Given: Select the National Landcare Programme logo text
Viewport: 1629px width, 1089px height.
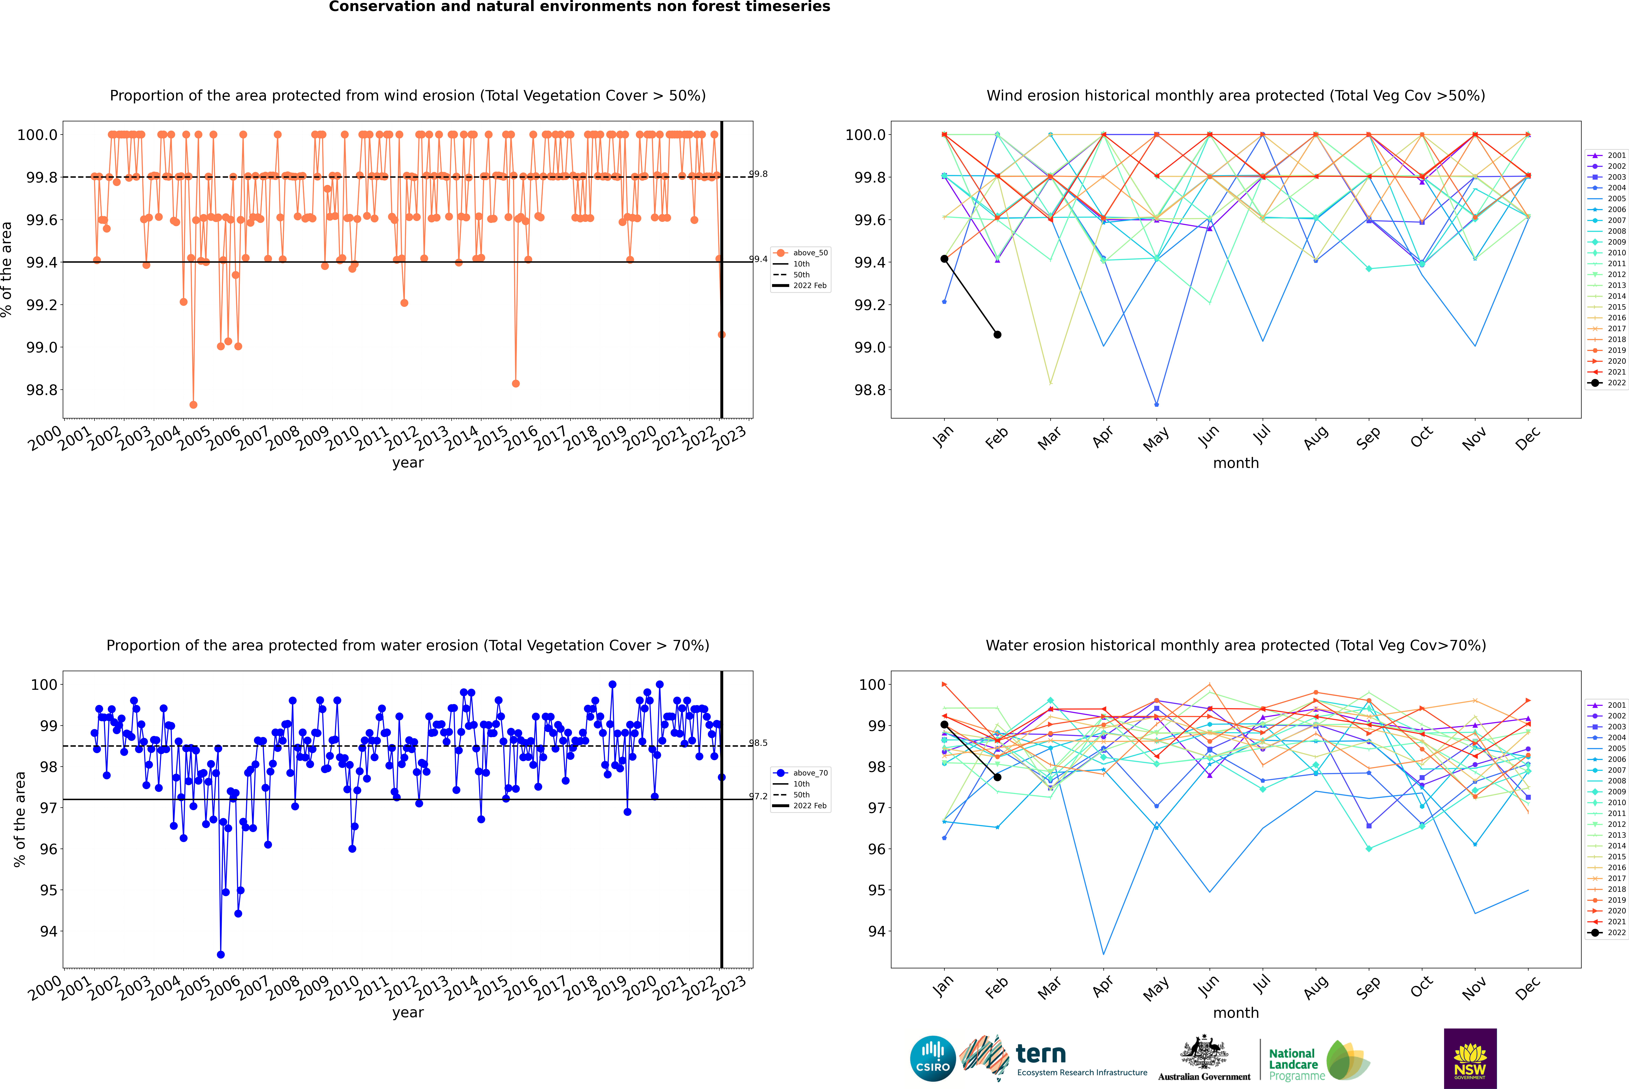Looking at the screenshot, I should pos(1293,1064).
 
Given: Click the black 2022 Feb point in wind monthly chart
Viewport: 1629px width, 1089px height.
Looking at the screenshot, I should pos(997,335).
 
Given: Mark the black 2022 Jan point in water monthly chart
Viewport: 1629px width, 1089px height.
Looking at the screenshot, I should pos(944,724).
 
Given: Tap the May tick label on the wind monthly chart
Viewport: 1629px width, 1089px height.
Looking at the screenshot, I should pos(1155,439).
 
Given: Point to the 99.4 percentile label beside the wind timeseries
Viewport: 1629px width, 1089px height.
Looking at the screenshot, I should pos(758,259).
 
